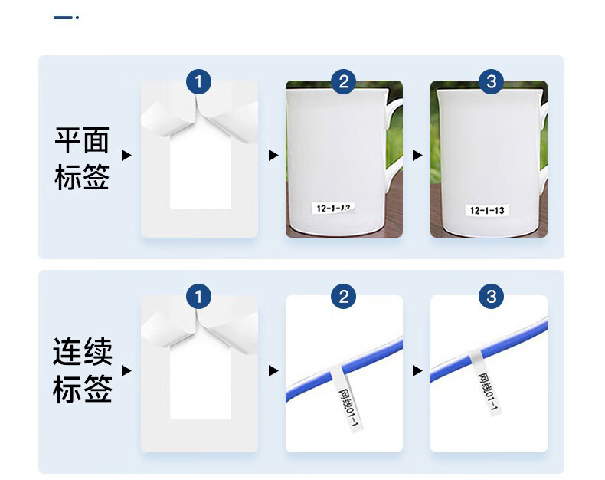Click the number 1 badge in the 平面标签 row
coord(198,81)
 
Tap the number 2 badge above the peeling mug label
coord(344,81)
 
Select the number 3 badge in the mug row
coord(491,81)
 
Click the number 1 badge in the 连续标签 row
coord(198,297)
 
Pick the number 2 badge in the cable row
coord(344,297)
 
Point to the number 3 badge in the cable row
coord(491,297)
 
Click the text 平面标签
coord(82,158)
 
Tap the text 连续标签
coord(82,370)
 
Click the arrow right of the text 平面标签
coord(126,156)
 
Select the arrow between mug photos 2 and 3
coord(417,156)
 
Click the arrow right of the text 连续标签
coord(126,370)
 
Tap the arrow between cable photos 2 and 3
coord(417,370)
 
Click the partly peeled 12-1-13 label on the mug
coord(333,209)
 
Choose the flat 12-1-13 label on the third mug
coord(487,210)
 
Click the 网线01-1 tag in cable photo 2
coord(345,398)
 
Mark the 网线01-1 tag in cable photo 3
coord(485,383)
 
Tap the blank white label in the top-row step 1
coord(201,173)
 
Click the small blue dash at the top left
coord(63,18)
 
